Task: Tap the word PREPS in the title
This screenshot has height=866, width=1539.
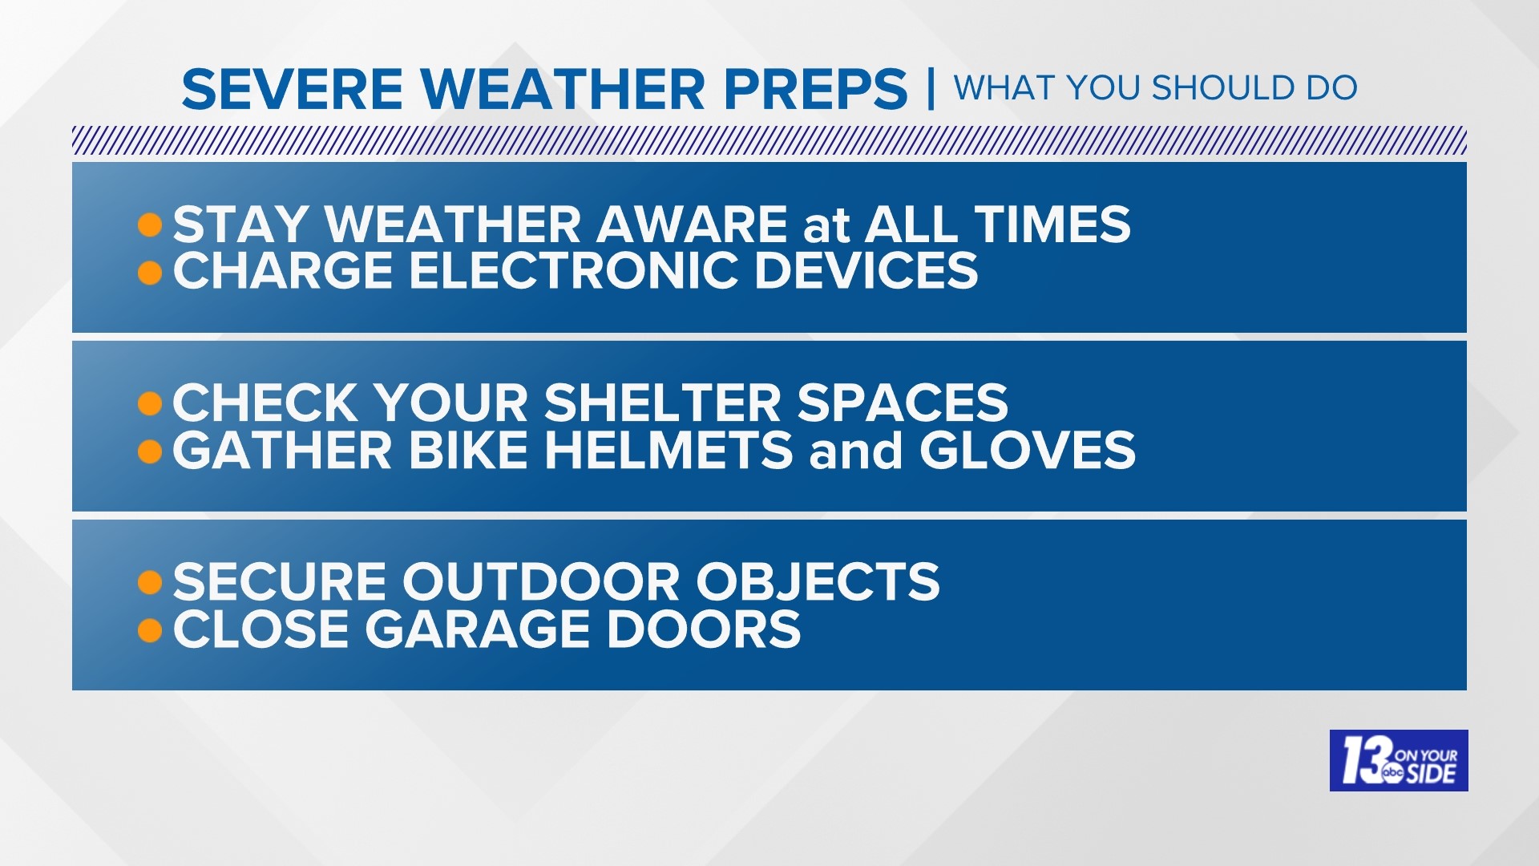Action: click(x=815, y=89)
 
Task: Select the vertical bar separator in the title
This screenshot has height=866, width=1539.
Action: click(x=930, y=89)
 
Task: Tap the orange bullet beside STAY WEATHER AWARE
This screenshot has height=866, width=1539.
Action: click(x=149, y=225)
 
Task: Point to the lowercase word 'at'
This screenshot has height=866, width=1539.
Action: click(x=826, y=225)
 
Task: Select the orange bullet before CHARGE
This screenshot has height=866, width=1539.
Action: click(x=149, y=273)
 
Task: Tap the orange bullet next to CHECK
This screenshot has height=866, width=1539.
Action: click(x=149, y=403)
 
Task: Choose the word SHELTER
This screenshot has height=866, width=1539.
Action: click(x=673, y=403)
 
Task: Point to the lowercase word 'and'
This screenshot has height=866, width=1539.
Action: click(x=855, y=451)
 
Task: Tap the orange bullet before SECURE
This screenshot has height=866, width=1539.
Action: click(x=149, y=582)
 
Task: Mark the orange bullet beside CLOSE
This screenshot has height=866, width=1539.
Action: click(x=149, y=630)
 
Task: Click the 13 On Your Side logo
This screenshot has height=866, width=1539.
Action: click(x=1398, y=760)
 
